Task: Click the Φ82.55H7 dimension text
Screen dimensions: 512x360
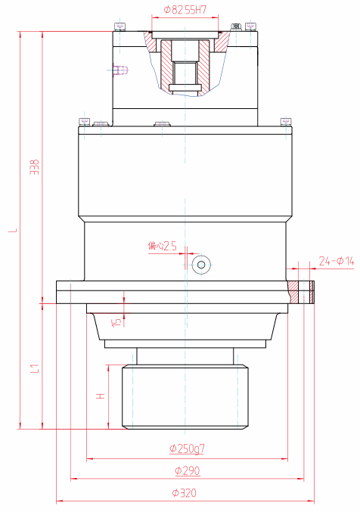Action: click(185, 10)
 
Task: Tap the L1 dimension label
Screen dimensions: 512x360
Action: click(34, 368)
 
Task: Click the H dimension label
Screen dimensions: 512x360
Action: click(99, 396)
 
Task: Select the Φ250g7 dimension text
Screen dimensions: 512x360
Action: click(187, 449)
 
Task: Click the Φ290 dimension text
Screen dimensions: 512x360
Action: click(187, 470)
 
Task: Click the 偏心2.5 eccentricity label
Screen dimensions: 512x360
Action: click(162, 245)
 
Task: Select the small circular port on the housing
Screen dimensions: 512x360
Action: click(201, 264)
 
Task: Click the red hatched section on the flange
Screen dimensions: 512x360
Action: click(295, 291)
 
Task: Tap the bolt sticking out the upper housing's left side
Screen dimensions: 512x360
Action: click(119, 71)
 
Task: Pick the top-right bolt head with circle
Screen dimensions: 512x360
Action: click(237, 27)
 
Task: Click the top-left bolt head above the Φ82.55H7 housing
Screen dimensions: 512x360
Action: click(120, 27)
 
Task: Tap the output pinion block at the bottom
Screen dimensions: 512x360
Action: click(185, 396)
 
